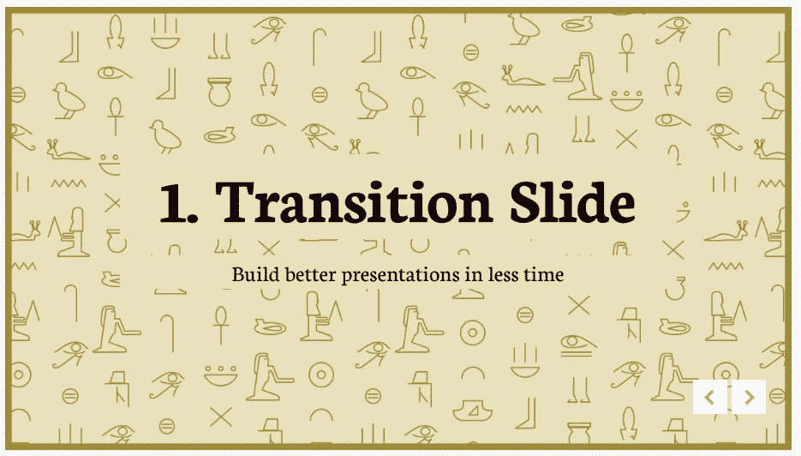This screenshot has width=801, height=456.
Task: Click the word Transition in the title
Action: [x=353, y=202]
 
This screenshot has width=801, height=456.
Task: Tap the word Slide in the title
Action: [x=572, y=201]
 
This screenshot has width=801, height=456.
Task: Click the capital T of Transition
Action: [x=235, y=203]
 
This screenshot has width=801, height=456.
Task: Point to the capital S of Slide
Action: [x=526, y=203]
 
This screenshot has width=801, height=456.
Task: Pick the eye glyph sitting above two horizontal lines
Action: [x=578, y=345]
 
